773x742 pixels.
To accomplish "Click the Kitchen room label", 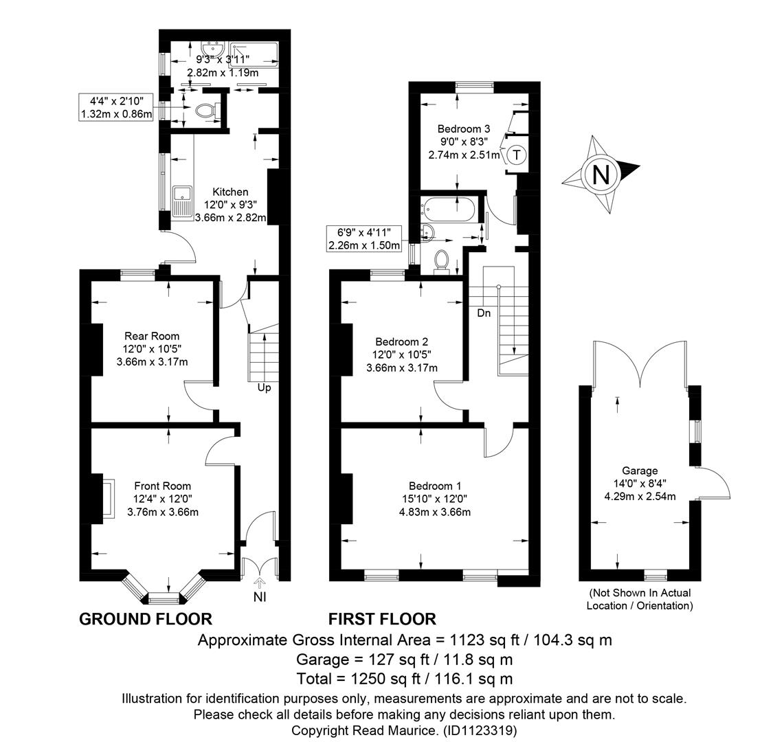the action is pos(230,192).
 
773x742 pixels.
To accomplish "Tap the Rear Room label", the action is pos(152,336).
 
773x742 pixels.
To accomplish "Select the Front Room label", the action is pos(163,486).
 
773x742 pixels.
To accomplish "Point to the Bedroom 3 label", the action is pos(464,129).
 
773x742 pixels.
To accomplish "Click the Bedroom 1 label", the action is pos(435,486).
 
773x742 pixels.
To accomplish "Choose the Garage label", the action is pos(640,471).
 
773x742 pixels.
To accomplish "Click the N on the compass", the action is pos(601,175).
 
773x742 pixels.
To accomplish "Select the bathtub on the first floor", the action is pos(449,209).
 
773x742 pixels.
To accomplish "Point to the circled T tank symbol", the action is pos(516,155).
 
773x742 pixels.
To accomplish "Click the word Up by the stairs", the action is pos(265,388).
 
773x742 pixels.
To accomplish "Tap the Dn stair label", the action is pos(484,313).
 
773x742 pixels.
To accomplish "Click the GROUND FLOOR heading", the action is pos(146,619).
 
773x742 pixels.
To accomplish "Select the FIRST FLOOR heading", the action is pos(382,619).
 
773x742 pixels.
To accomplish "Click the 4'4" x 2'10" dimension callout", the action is pos(116,108).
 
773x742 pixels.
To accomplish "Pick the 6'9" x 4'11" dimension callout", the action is pos(364,238).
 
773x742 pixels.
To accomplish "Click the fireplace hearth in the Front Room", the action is pos(109,498).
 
